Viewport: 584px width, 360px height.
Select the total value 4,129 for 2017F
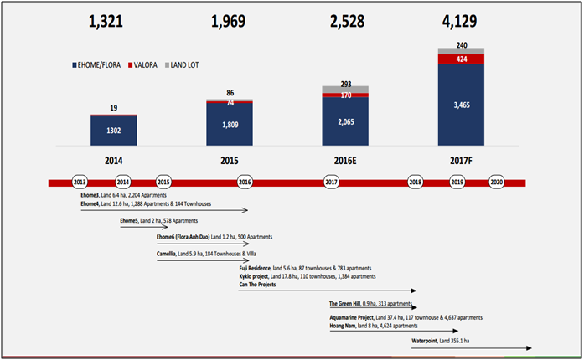point(461,21)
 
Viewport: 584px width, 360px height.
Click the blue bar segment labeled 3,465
point(461,105)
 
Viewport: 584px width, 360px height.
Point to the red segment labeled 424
point(461,59)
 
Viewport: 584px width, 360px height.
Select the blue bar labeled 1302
point(114,131)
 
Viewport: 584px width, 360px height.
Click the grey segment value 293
point(345,86)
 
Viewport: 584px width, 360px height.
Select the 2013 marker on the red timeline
point(80,182)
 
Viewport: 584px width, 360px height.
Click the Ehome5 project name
point(128,220)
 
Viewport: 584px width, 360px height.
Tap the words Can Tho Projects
point(257,285)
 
